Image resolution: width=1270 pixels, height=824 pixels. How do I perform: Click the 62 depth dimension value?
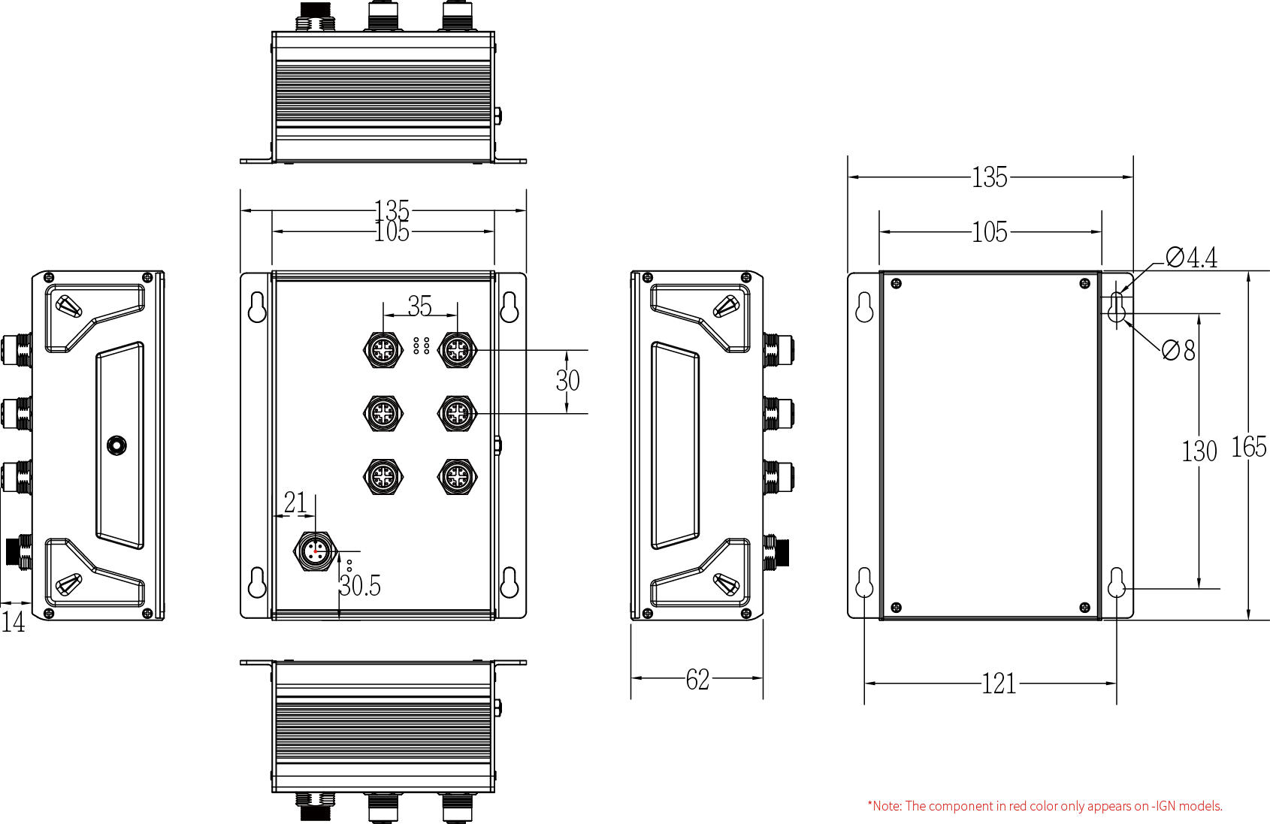697,680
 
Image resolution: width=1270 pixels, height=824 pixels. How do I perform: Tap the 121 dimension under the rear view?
999,684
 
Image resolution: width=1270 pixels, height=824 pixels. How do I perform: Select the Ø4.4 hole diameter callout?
1192,258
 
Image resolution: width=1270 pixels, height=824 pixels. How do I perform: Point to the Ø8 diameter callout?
1178,350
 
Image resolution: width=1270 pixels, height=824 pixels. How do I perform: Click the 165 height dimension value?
1249,448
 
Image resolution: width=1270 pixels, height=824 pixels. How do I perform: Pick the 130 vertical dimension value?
1199,451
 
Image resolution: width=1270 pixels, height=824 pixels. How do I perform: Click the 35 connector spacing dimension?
420,306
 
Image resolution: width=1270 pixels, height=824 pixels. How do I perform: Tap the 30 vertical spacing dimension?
567,381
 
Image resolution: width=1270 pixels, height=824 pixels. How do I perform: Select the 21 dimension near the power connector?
295,503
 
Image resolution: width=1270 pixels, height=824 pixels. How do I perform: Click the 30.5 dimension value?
360,586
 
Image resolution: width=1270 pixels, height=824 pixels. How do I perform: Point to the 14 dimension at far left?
13,622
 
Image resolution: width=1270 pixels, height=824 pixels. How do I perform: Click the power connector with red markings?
315,552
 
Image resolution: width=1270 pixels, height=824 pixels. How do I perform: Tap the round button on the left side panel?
116,445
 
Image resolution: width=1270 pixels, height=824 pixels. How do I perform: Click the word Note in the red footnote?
887,806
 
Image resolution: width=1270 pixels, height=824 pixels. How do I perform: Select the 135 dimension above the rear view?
989,177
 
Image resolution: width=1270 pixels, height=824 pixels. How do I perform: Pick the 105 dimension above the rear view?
989,232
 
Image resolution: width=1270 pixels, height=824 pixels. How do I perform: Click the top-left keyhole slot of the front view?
257,306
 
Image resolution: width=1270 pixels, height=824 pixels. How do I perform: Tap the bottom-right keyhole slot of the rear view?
1117,582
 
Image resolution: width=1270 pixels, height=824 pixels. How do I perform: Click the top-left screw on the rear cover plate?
896,284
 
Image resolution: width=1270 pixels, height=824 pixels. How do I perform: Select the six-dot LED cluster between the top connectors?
421,346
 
